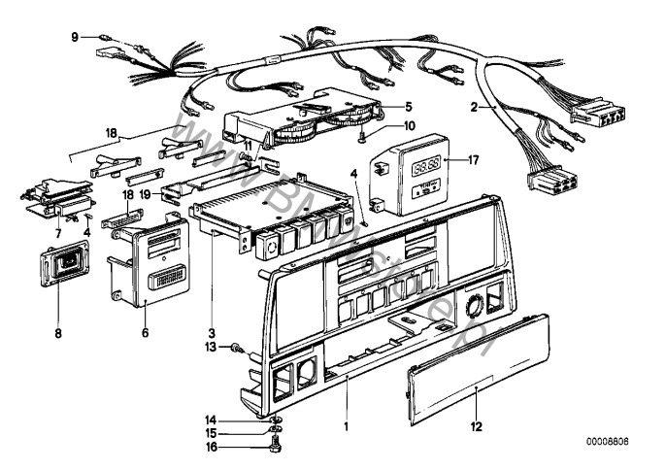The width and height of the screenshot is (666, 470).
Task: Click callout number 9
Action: click(x=74, y=38)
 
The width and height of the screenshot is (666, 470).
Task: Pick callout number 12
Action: click(x=475, y=424)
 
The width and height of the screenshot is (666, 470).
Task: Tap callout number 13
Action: click(x=210, y=346)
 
